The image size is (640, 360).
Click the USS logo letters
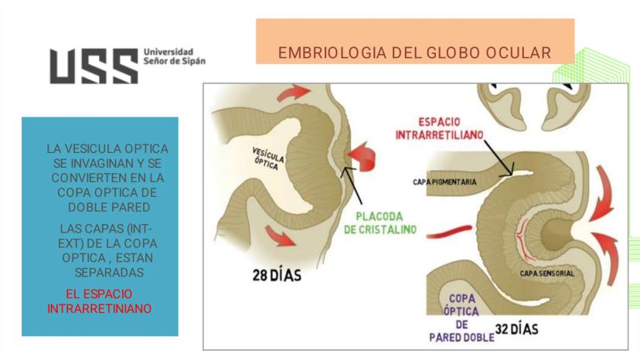tap(94, 66)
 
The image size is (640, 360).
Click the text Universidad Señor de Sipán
tap(174, 56)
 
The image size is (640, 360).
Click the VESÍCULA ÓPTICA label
tap(267, 159)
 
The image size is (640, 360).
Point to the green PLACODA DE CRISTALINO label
tap(380, 222)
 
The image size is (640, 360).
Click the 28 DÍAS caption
tap(277, 275)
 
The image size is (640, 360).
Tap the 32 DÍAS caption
tap(517, 329)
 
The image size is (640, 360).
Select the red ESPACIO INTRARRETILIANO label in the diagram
tap(439, 128)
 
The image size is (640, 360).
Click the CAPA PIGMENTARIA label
tap(444, 182)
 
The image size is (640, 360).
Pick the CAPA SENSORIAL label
tap(547, 273)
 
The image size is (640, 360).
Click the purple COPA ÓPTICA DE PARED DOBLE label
tap(461, 318)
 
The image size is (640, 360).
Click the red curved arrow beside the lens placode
tap(362, 156)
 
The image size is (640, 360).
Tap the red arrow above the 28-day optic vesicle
tap(294, 92)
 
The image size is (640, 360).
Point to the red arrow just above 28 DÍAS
tap(281, 236)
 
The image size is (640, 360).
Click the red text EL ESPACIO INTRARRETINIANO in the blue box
tap(99, 301)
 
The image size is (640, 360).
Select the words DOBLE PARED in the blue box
tap(109, 207)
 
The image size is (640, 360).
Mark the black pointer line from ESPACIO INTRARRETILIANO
tap(499, 158)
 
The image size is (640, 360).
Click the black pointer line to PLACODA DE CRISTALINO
tap(352, 185)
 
